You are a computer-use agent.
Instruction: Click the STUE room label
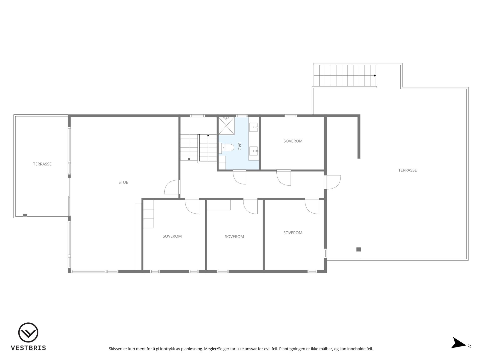(x=123, y=183)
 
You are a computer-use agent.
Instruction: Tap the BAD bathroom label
(x=239, y=146)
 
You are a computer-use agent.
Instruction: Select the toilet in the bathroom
(x=227, y=148)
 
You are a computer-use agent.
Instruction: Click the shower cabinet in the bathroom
(x=226, y=126)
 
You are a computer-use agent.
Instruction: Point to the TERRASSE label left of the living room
(x=42, y=164)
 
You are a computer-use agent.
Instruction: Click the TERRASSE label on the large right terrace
(x=407, y=170)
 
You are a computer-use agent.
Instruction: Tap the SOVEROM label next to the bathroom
(x=293, y=141)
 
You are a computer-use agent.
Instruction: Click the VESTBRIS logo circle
(x=28, y=332)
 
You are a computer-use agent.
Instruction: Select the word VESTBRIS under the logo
(x=28, y=348)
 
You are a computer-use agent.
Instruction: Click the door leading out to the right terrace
(x=333, y=182)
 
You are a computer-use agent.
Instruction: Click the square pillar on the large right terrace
(x=358, y=249)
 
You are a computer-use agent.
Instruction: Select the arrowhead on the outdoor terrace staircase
(x=375, y=75)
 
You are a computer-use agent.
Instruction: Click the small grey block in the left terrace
(x=25, y=215)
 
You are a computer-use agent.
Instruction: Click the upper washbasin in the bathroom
(x=254, y=127)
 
